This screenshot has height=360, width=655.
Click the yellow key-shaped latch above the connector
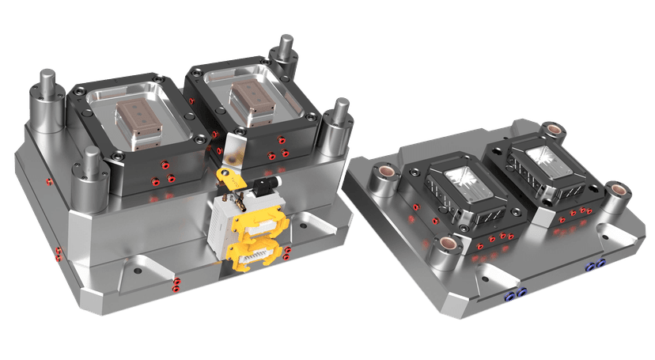(230, 179)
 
